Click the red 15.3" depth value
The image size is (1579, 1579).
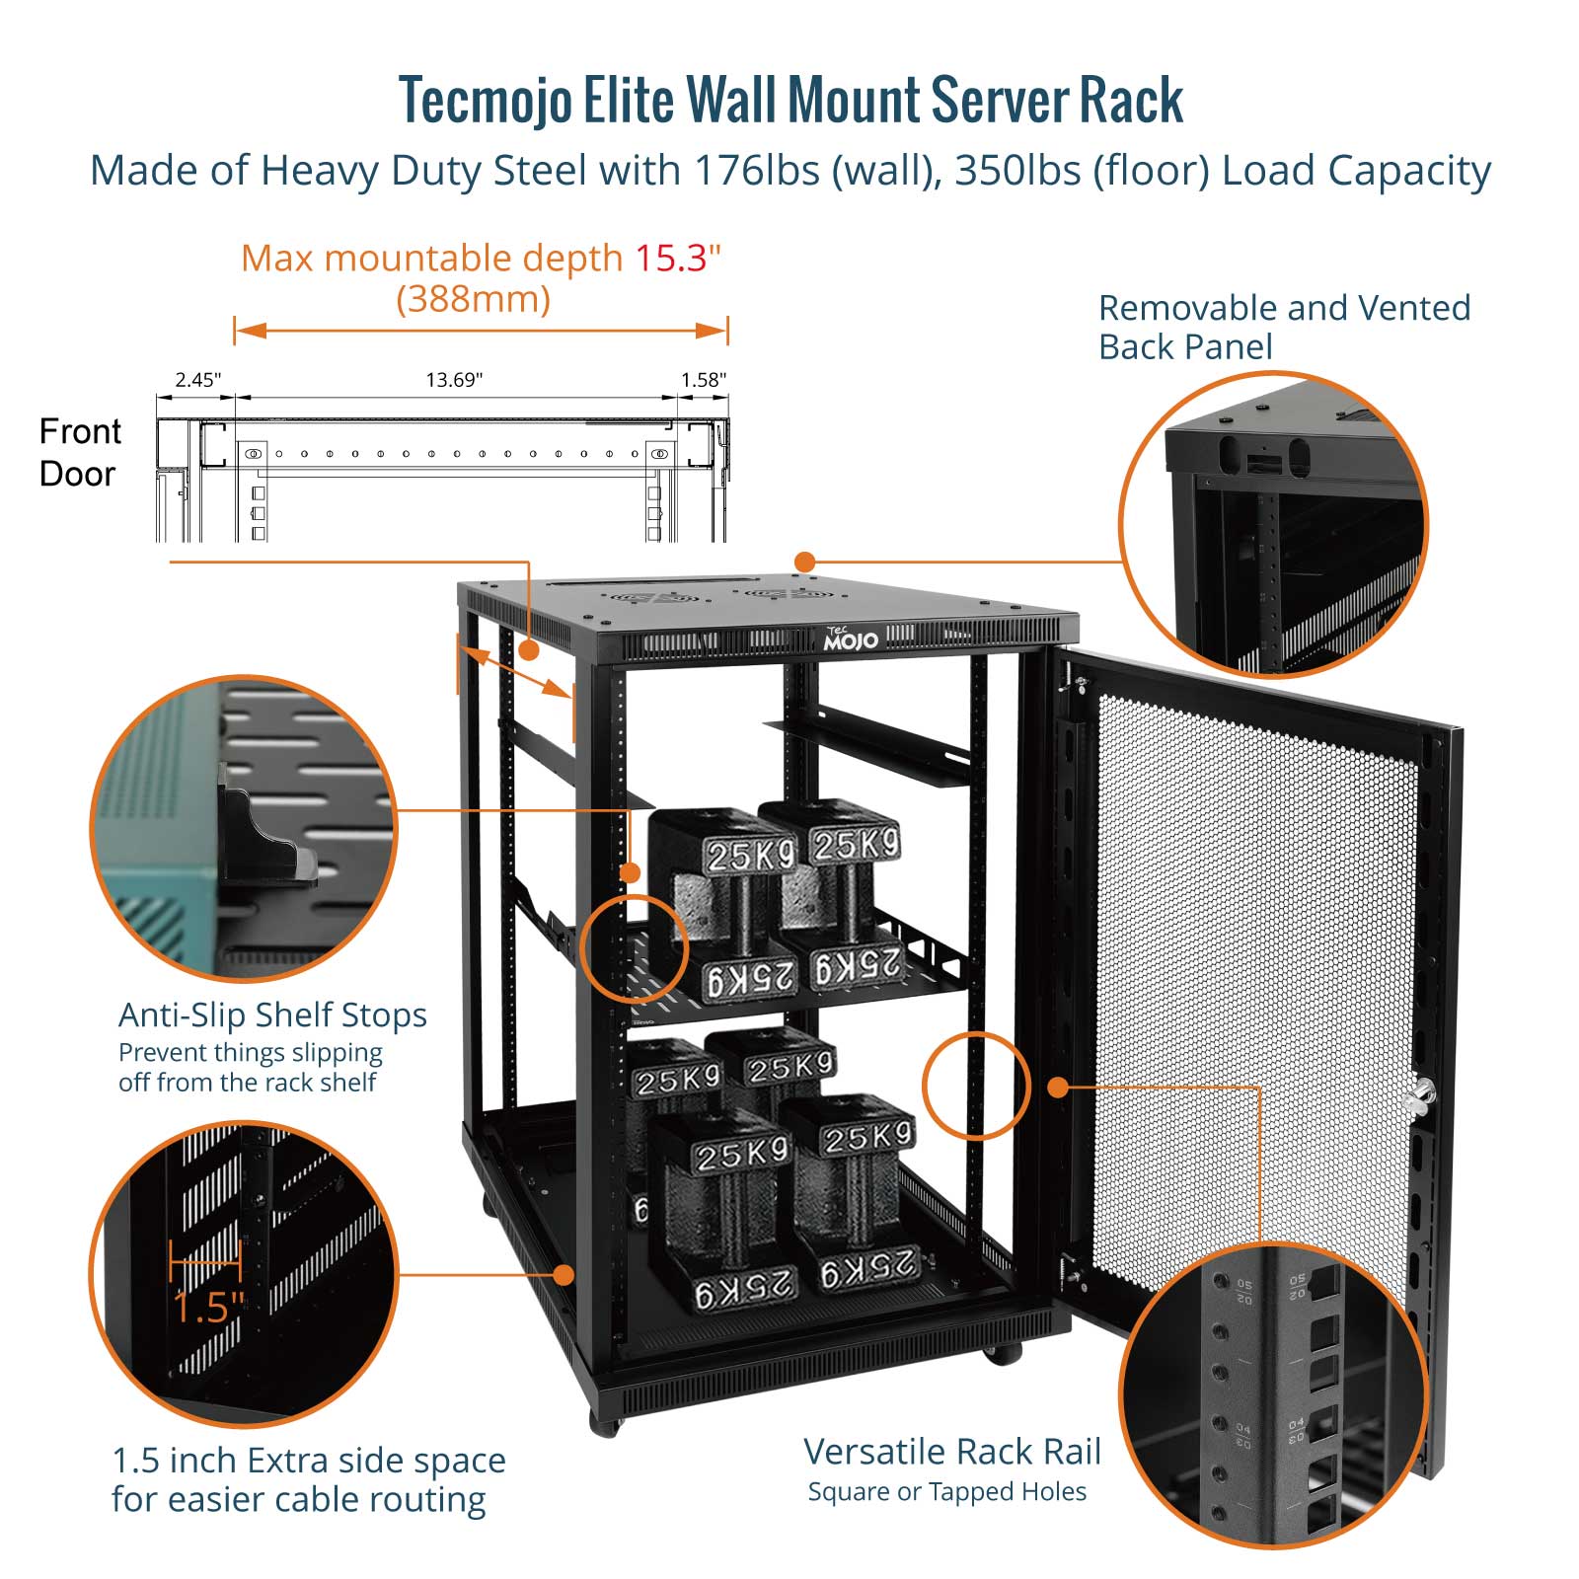[677, 259]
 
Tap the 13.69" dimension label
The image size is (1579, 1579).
[454, 380]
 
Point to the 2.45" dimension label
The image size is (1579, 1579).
[197, 380]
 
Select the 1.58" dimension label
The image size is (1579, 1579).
[703, 380]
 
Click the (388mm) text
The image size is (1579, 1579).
[473, 299]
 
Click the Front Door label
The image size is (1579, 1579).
[79, 453]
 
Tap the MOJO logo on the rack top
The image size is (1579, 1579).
[851, 639]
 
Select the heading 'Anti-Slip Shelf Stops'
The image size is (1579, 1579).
[272, 1015]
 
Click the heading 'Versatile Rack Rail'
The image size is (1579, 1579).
[951, 1452]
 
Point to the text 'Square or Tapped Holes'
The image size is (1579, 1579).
[946, 1492]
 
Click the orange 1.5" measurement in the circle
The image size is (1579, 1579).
[207, 1308]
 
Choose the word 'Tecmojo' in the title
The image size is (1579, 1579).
[486, 102]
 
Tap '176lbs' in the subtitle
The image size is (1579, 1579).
[757, 172]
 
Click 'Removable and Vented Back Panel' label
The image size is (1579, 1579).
[1284, 328]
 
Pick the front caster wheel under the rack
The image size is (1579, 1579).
[604, 1422]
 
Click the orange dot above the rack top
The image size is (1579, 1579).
[805, 563]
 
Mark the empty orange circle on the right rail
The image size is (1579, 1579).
[976, 1087]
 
